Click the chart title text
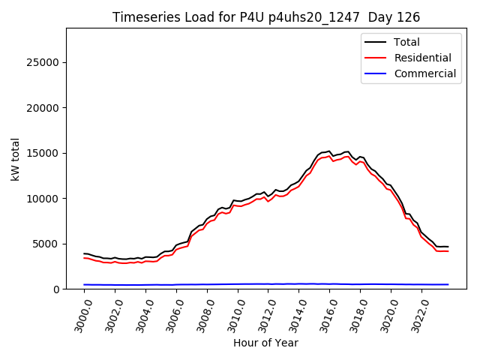[x=266, y=17]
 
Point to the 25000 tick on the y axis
[x=44, y=62]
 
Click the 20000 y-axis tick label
[x=44, y=108]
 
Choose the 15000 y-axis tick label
[x=44, y=153]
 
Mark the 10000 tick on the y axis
[x=44, y=199]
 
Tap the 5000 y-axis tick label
[x=47, y=244]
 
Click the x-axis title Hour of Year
[x=265, y=343]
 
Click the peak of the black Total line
[x=329, y=151]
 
